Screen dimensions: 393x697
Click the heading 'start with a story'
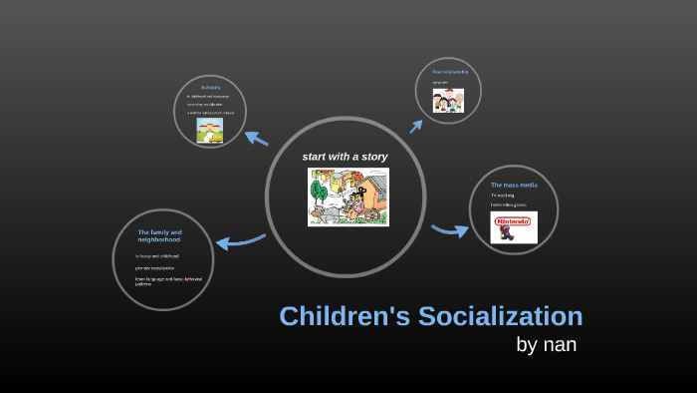(x=345, y=157)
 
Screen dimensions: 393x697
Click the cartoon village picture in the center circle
(x=348, y=196)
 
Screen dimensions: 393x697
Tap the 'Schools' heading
(x=209, y=87)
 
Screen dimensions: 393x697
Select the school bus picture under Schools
(x=209, y=132)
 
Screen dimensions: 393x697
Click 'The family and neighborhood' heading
(x=159, y=235)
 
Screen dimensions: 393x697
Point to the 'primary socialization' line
(x=154, y=268)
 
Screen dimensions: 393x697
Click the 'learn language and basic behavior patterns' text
(x=168, y=280)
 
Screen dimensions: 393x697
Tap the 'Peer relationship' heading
(x=449, y=72)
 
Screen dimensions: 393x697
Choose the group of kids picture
(x=448, y=101)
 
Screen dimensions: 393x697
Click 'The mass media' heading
(x=514, y=185)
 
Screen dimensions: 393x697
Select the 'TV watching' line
(x=503, y=196)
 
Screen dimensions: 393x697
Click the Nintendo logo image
(x=514, y=228)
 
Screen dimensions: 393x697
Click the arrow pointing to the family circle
(x=240, y=240)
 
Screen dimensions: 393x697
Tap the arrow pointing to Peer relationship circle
(x=415, y=126)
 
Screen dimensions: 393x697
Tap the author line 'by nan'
(x=546, y=345)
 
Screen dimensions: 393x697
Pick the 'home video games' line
(x=508, y=205)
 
